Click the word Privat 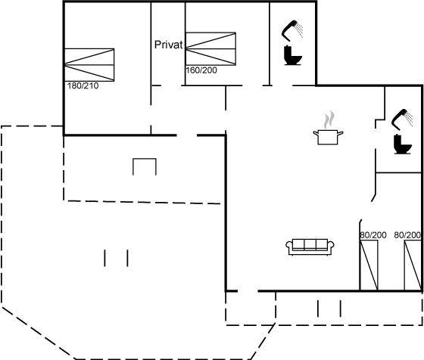pyautogui.click(x=168, y=45)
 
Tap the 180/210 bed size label pyautogui.click(x=83, y=86)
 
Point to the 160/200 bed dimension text pyautogui.click(x=201, y=70)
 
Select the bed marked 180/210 pyautogui.click(x=89, y=65)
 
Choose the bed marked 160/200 pyautogui.click(x=210, y=49)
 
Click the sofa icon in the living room pyautogui.click(x=310, y=247)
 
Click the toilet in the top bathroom pyautogui.click(x=292, y=55)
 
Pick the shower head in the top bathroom pyautogui.click(x=289, y=30)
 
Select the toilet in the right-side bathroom pyautogui.click(x=403, y=144)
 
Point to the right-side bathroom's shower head pyautogui.click(x=400, y=119)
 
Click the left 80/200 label pyautogui.click(x=373, y=235)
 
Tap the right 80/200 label pyautogui.click(x=407, y=235)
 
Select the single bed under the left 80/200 pyautogui.click(x=369, y=265)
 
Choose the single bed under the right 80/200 pyautogui.click(x=413, y=265)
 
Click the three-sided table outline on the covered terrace pyautogui.click(x=145, y=159)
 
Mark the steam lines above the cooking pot pyautogui.click(x=329, y=119)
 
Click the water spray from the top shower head pyautogui.click(x=299, y=30)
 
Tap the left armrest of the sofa pyautogui.click(x=289, y=246)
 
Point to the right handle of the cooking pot pyautogui.click(x=340, y=133)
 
